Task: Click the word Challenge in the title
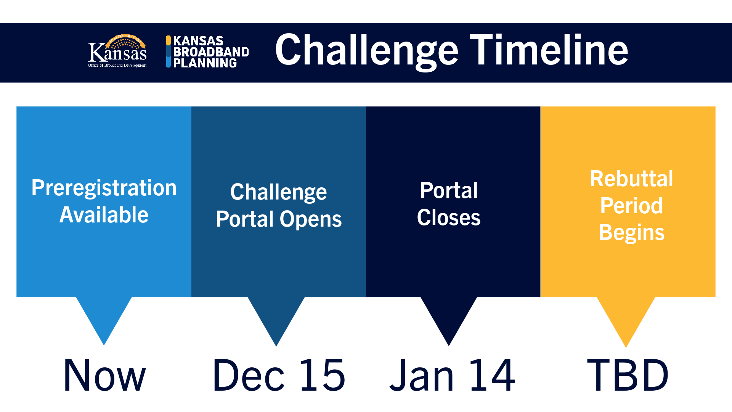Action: click(366, 51)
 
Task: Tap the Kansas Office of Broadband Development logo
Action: click(117, 51)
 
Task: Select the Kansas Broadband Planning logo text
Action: click(211, 52)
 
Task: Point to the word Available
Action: click(104, 215)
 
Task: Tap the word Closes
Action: click(449, 217)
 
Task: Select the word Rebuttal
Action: click(631, 179)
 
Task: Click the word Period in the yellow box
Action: click(631, 206)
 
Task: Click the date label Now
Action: click(104, 375)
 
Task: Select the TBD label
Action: click(628, 375)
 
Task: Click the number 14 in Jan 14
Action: click(492, 375)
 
